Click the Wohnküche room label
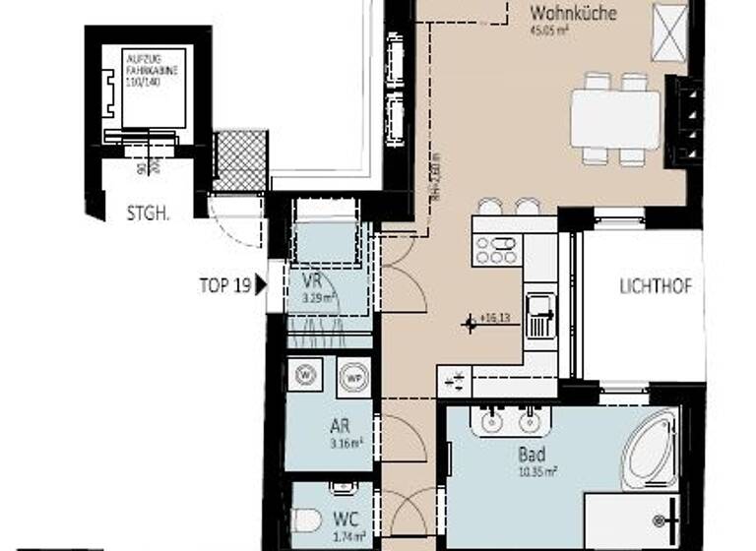coord(573,14)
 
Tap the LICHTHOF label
coord(656,287)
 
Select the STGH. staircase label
coord(145,214)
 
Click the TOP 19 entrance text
coord(224,286)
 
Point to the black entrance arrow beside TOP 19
coord(261,286)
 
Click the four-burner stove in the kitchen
coord(497,250)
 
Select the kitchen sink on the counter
coord(540,316)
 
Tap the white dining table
coord(615,119)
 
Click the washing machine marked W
coord(303,375)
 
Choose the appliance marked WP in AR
coord(352,375)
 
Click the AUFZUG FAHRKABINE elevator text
coord(145,68)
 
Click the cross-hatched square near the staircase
coord(241,160)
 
